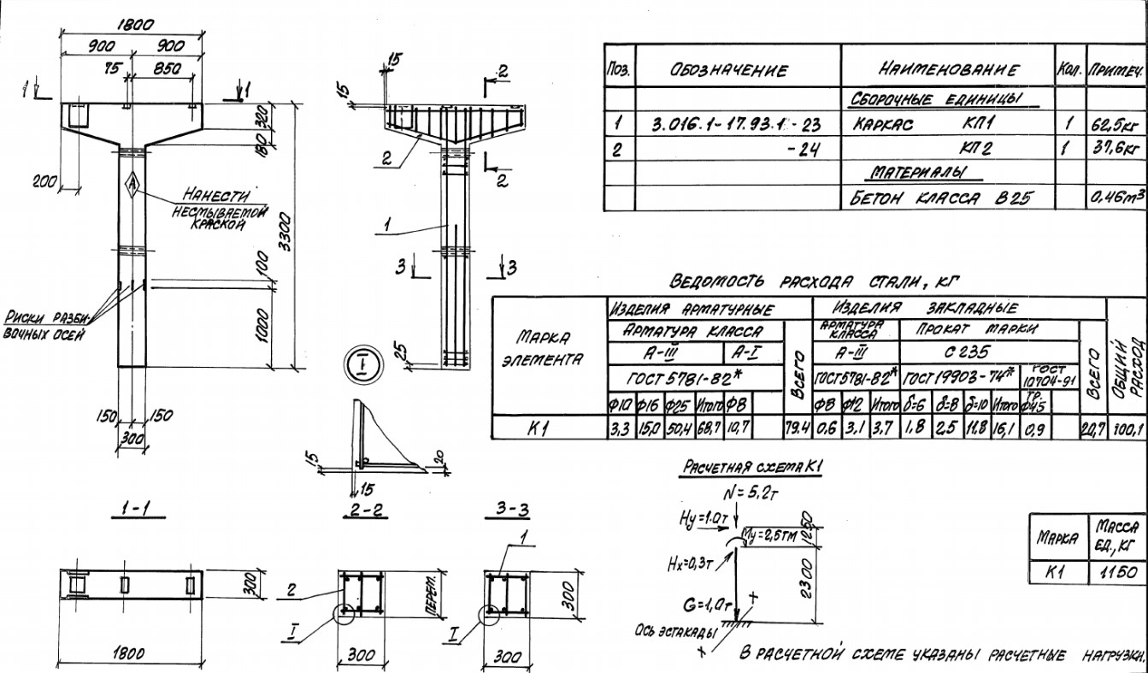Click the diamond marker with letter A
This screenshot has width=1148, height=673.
coord(132,183)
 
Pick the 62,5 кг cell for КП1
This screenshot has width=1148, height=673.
coord(1116,126)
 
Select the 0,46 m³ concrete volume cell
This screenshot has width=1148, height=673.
coord(1116,198)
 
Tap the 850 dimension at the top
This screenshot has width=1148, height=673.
coord(166,69)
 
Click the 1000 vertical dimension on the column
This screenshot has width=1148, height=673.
coord(262,326)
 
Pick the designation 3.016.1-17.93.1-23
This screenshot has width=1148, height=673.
coord(735,126)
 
